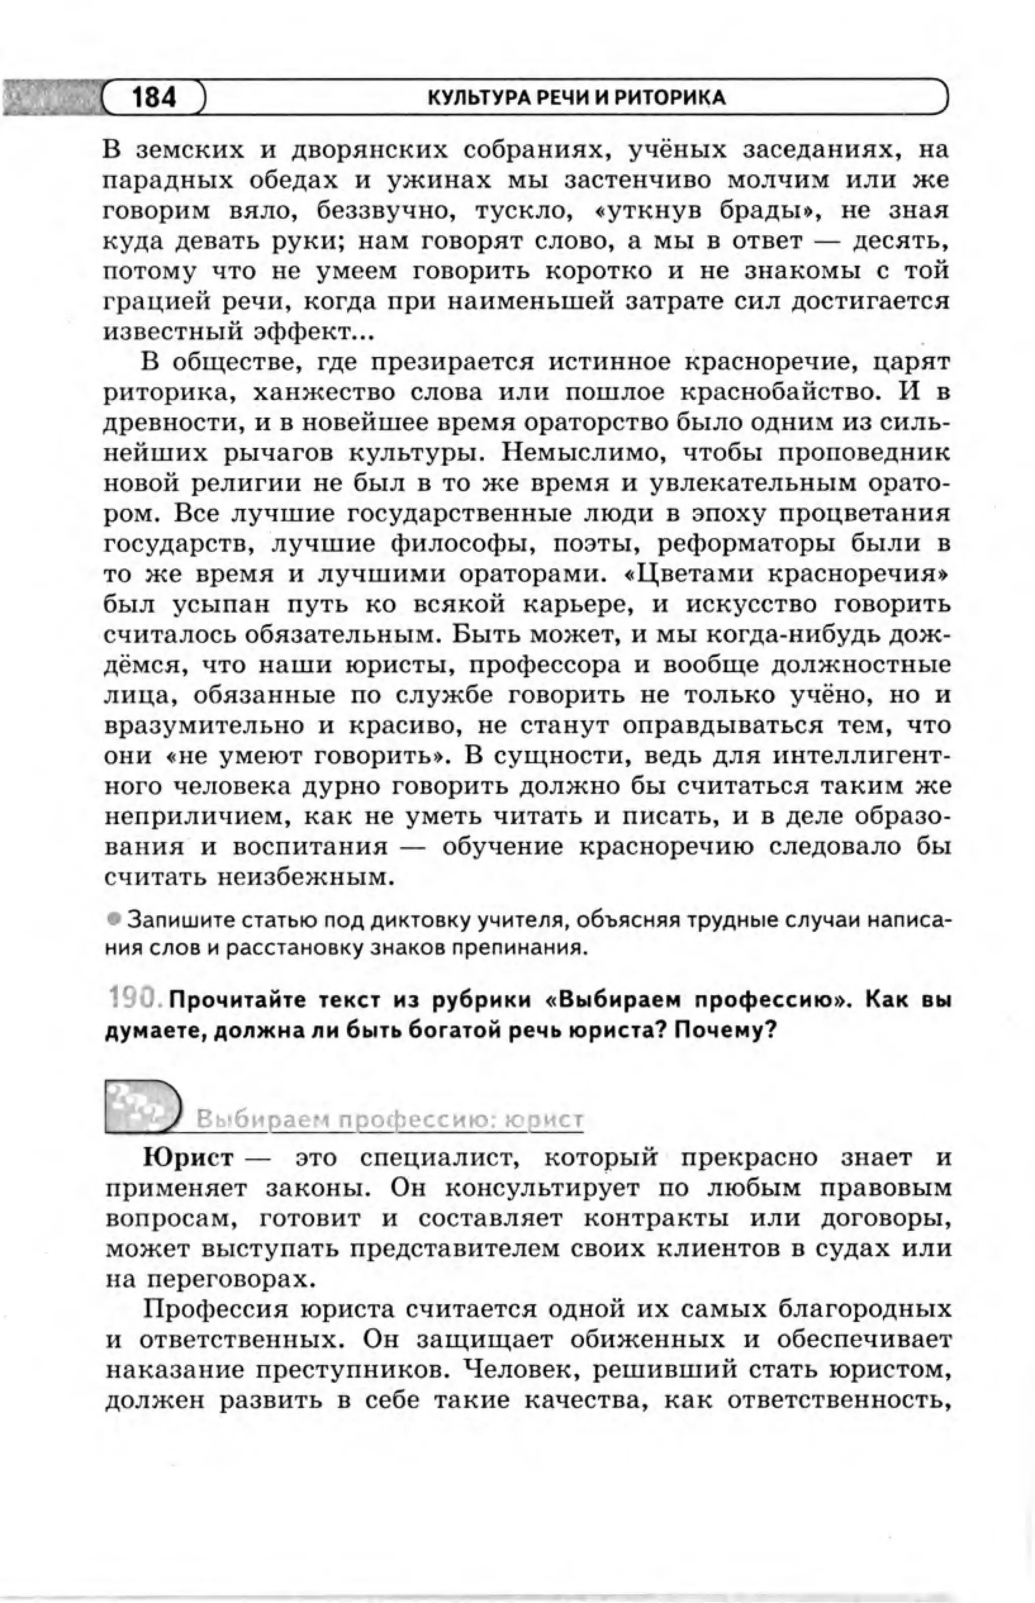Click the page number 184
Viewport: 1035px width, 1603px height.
point(154,98)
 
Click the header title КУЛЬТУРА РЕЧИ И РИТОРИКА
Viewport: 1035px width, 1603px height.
point(577,98)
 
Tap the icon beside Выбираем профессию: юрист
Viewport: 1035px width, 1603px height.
point(143,1106)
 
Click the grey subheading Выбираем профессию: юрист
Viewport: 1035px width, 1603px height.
point(390,1120)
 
